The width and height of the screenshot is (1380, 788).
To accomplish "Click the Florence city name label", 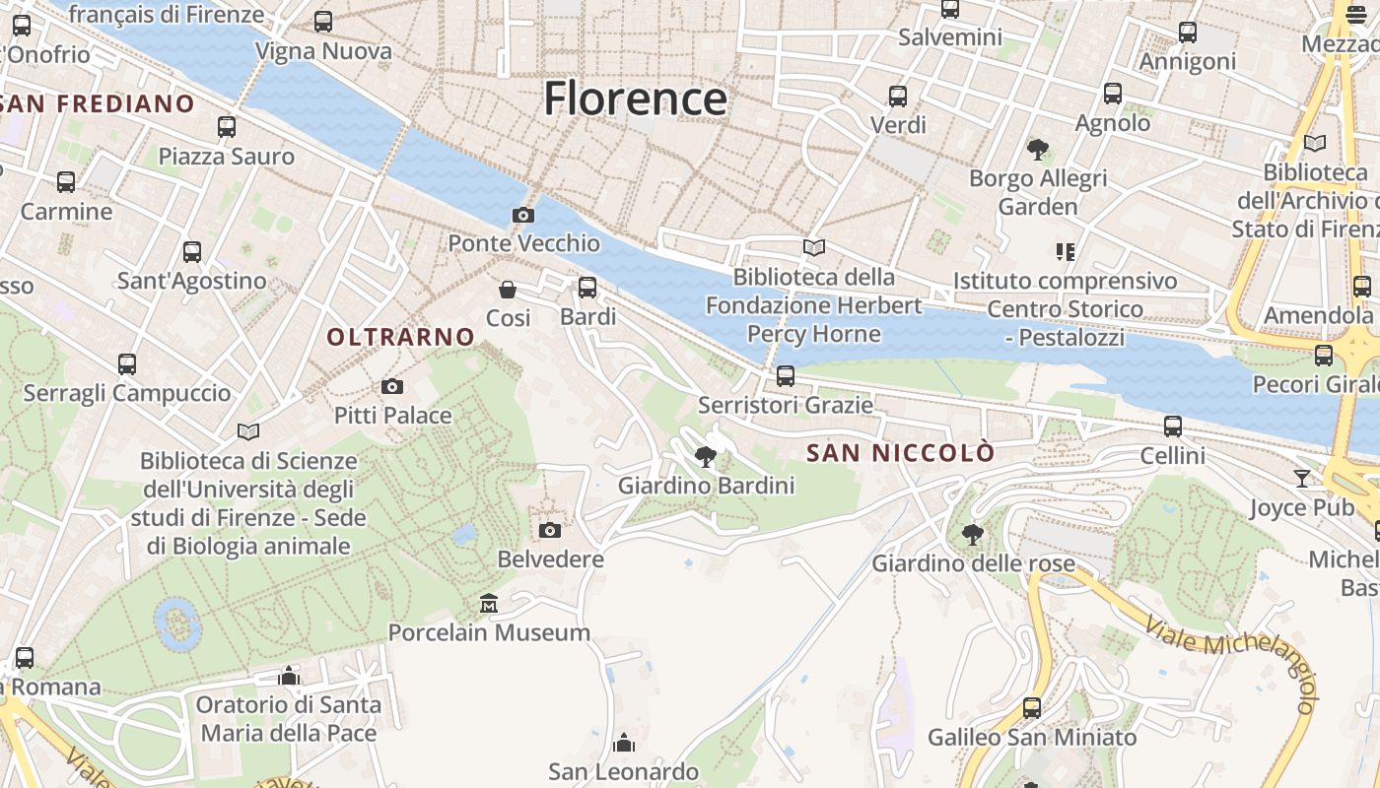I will point(636,98).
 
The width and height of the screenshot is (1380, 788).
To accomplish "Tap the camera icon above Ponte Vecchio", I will point(522,215).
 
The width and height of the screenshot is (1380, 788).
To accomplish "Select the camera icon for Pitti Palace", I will point(392,386).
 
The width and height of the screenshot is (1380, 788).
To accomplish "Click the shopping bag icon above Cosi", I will point(508,289).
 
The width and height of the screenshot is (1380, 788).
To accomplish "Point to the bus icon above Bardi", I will point(587,288).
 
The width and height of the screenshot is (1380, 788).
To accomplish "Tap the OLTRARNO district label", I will point(401,337).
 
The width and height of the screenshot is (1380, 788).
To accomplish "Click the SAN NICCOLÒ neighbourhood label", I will point(901,453).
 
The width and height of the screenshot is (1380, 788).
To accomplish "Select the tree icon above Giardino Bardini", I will point(706,456).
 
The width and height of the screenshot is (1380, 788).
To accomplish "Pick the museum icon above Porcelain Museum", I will point(489,603).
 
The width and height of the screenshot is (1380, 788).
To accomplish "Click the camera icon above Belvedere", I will point(550,531).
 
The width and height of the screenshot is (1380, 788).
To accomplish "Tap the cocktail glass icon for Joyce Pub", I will point(1302,479).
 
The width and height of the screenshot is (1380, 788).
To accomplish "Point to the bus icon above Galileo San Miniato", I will point(1032,707).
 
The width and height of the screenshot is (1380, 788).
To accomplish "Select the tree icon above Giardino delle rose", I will point(972,535).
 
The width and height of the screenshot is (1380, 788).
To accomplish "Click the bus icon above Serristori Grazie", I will point(786,375).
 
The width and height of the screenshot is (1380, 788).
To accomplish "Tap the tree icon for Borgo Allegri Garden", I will point(1037,150).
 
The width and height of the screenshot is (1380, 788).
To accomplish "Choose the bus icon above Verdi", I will point(898,97).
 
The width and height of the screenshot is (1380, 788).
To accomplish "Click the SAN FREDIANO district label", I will point(99,103).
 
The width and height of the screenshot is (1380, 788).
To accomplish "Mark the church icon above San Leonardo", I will point(624,742).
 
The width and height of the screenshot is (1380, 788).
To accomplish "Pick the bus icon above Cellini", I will point(1173,427).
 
